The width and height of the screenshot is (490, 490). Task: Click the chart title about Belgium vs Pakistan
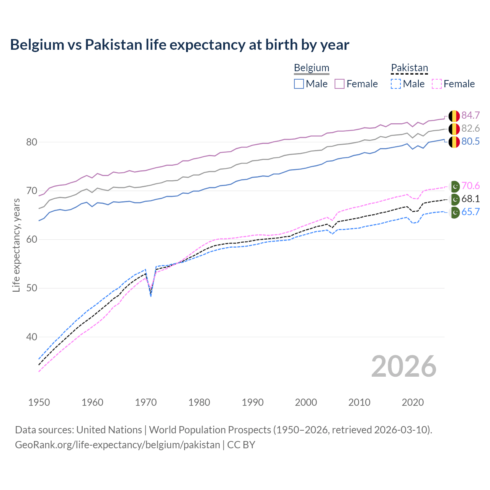pyautogui.click(x=180, y=45)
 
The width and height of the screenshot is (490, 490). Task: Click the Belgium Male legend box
pyautogui.click(x=299, y=84)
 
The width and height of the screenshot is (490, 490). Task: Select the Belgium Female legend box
pyautogui.click(x=340, y=84)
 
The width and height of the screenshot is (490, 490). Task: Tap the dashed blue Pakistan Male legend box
pyautogui.click(x=396, y=84)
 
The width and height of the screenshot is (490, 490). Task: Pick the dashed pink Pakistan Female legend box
pyautogui.click(x=437, y=84)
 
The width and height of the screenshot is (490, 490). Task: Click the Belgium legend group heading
pyautogui.click(x=311, y=68)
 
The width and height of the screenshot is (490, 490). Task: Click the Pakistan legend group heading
pyautogui.click(x=409, y=68)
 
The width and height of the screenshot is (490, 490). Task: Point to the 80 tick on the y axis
pyautogui.click(x=32, y=142)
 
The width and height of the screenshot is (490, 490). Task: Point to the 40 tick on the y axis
pyautogui.click(x=32, y=337)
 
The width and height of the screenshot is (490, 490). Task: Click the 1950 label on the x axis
pyautogui.click(x=39, y=402)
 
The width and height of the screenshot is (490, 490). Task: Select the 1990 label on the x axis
pyautogui.click(x=253, y=402)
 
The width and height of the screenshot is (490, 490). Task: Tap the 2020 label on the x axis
pyautogui.click(x=413, y=402)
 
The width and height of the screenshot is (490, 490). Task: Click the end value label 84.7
pyautogui.click(x=470, y=115)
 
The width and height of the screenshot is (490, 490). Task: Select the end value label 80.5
pyautogui.click(x=470, y=141)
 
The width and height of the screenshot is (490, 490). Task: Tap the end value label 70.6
pyautogui.click(x=470, y=186)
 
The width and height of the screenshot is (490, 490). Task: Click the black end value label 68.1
pyautogui.click(x=470, y=199)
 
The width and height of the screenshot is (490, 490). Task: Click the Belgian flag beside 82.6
pyautogui.click(x=454, y=129)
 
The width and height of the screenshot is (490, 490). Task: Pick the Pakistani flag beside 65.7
pyautogui.click(x=454, y=212)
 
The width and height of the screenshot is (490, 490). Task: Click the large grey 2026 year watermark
pyautogui.click(x=403, y=366)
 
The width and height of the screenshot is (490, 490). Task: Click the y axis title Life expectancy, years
pyautogui.click(x=16, y=245)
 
